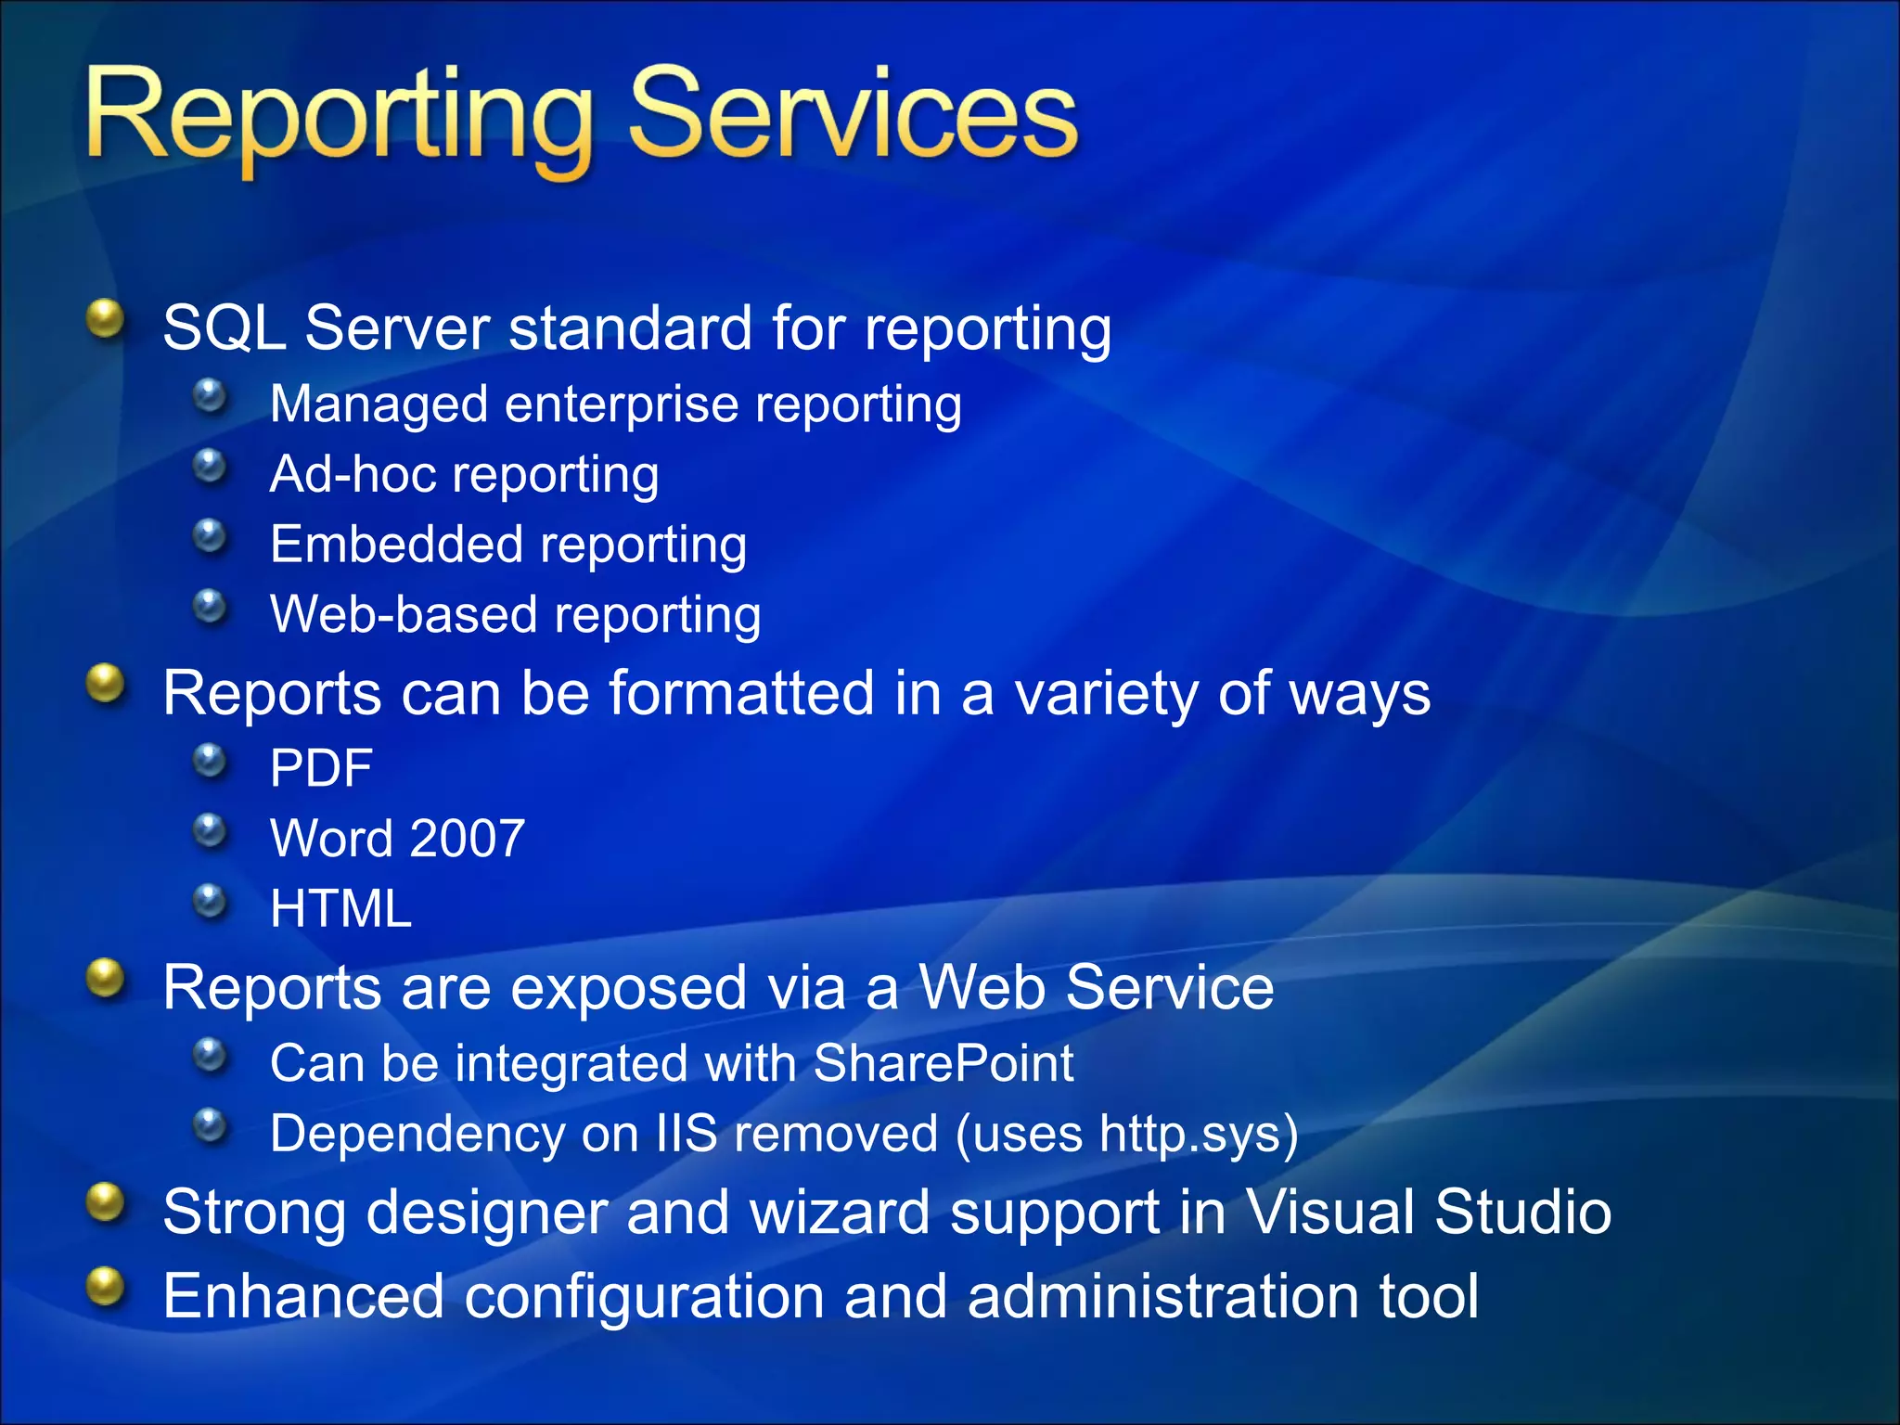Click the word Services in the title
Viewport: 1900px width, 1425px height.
tap(854, 116)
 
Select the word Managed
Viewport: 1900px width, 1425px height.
tap(379, 405)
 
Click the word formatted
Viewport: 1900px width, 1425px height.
tap(741, 693)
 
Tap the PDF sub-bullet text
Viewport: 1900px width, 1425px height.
tap(321, 768)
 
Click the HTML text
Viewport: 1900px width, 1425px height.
tap(340, 908)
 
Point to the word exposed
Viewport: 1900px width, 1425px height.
tap(628, 987)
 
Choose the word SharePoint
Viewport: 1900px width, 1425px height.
tap(943, 1063)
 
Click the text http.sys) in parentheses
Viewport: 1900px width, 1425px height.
tap(1198, 1134)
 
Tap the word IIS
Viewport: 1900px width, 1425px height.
tap(687, 1134)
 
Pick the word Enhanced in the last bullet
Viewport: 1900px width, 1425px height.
tap(303, 1296)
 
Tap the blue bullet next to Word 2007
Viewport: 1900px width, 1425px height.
tap(211, 830)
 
